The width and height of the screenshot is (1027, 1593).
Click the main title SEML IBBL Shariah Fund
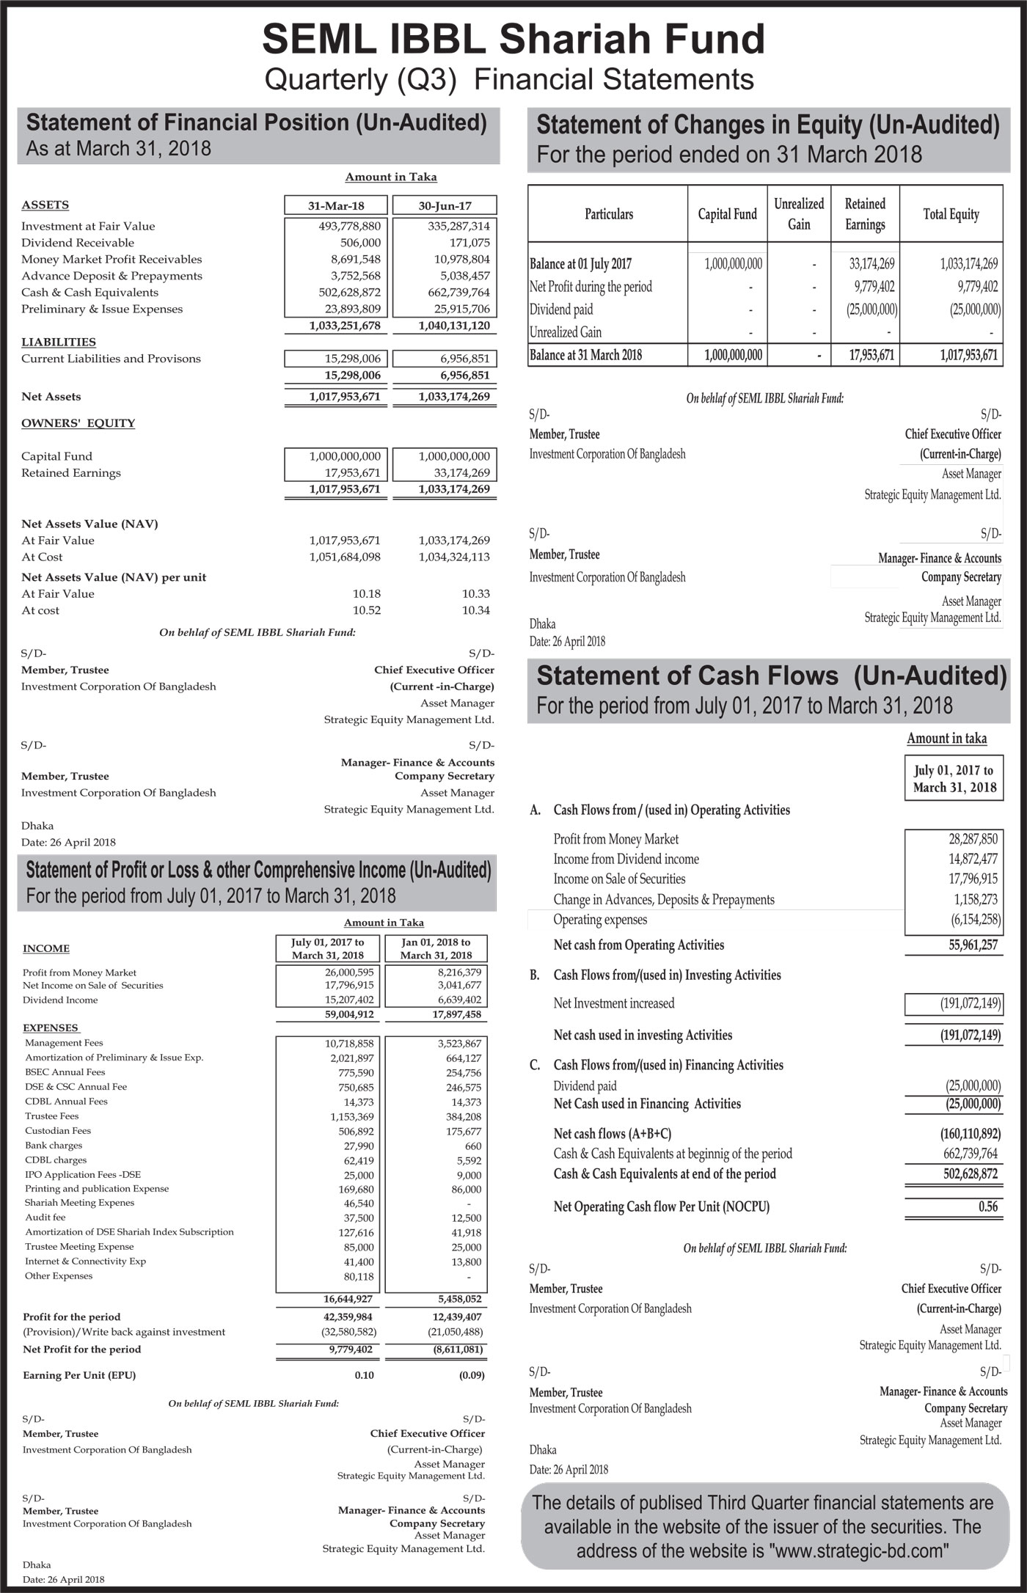[513, 39]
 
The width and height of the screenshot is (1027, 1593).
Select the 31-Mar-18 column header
[336, 205]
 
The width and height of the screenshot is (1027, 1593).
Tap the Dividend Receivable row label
[78, 243]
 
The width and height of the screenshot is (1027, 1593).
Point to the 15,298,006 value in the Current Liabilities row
[353, 359]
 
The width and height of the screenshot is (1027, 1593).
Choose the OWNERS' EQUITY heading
[78, 423]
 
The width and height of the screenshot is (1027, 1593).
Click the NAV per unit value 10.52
[366, 610]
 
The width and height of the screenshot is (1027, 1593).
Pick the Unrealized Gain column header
[799, 214]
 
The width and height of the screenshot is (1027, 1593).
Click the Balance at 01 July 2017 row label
[580, 264]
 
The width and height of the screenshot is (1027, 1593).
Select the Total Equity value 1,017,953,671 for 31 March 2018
[968, 356]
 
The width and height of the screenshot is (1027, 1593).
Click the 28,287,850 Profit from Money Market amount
[973, 840]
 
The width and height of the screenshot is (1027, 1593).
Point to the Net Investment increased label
[614, 1003]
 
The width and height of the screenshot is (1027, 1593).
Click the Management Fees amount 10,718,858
[349, 1044]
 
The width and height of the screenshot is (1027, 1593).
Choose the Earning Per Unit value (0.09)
[472, 1375]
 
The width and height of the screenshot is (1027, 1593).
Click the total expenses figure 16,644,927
[349, 1299]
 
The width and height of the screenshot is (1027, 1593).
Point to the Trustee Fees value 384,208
[462, 1117]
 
